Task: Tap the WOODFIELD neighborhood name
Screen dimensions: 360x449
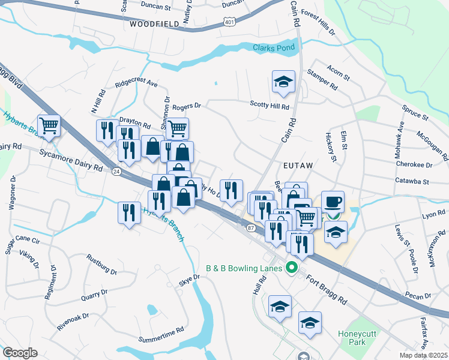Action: point(154,24)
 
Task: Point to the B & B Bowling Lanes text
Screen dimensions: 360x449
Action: point(244,268)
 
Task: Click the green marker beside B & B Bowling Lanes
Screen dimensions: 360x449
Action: point(293,268)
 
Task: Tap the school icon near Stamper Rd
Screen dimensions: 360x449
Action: point(284,82)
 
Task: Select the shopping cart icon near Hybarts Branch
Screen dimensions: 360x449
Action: point(49,125)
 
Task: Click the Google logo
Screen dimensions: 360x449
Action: point(20,353)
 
